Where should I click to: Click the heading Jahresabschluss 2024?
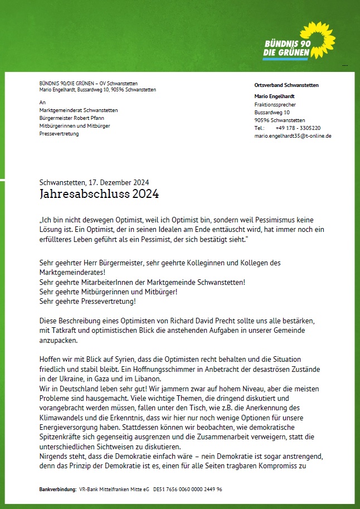click(x=99, y=194)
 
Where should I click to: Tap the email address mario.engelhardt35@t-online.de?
click(x=293, y=135)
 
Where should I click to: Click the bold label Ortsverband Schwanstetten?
click(x=286, y=85)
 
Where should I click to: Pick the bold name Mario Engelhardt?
click(x=276, y=96)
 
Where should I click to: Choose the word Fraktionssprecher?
click(x=275, y=104)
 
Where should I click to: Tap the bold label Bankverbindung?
click(x=57, y=489)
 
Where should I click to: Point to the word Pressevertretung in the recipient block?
click(x=59, y=134)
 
